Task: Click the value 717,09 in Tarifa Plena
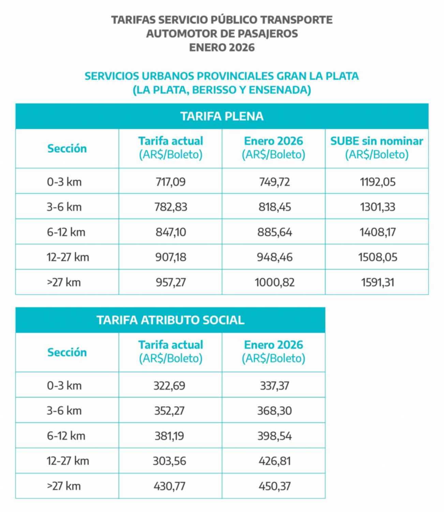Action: point(171,182)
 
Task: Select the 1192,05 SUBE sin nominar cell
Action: point(378,182)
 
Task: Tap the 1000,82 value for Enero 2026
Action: point(275,282)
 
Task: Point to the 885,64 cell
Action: point(275,232)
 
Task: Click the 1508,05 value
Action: point(378,257)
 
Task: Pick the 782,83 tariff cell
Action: point(171,207)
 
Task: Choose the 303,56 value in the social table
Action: point(169,461)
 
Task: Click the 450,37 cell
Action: point(275,486)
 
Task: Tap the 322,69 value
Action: point(169,385)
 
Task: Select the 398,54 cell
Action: point(275,436)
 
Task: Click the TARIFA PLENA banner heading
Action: point(222,116)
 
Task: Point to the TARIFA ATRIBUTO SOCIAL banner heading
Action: point(170,320)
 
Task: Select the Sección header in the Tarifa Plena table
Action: point(67,148)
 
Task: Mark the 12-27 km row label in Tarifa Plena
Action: point(68,257)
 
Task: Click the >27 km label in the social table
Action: point(64,486)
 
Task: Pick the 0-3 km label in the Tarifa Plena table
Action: point(64,182)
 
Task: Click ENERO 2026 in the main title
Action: point(222,47)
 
